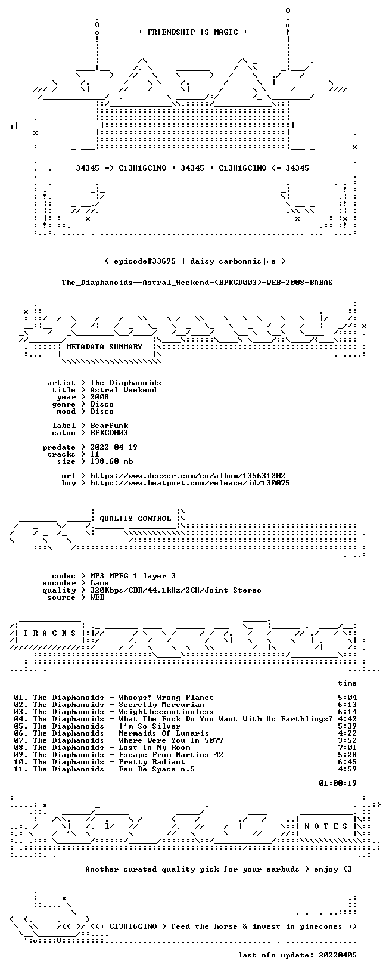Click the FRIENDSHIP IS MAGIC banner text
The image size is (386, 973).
pyautogui.click(x=193, y=32)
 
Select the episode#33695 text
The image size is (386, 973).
pyautogui.click(x=145, y=261)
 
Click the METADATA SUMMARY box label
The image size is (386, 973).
pyautogui.click(x=104, y=347)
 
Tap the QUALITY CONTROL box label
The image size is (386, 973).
pyautogui.click(x=135, y=519)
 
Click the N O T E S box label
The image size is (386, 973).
pyautogui.click(x=326, y=826)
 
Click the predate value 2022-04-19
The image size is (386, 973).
pyautogui.click(x=114, y=447)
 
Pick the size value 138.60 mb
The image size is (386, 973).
pyautogui.click(x=111, y=461)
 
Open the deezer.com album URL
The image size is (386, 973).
pyautogui.click(x=188, y=476)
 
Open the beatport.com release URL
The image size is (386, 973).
pyautogui.click(x=190, y=482)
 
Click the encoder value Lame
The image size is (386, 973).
pyautogui.click(x=99, y=583)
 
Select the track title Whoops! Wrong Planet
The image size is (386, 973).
pyautogui.click(x=166, y=698)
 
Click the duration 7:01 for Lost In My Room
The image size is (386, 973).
pyautogui.click(x=347, y=748)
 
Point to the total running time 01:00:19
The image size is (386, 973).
pyautogui.click(x=338, y=783)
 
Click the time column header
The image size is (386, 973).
pyautogui.click(x=347, y=683)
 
